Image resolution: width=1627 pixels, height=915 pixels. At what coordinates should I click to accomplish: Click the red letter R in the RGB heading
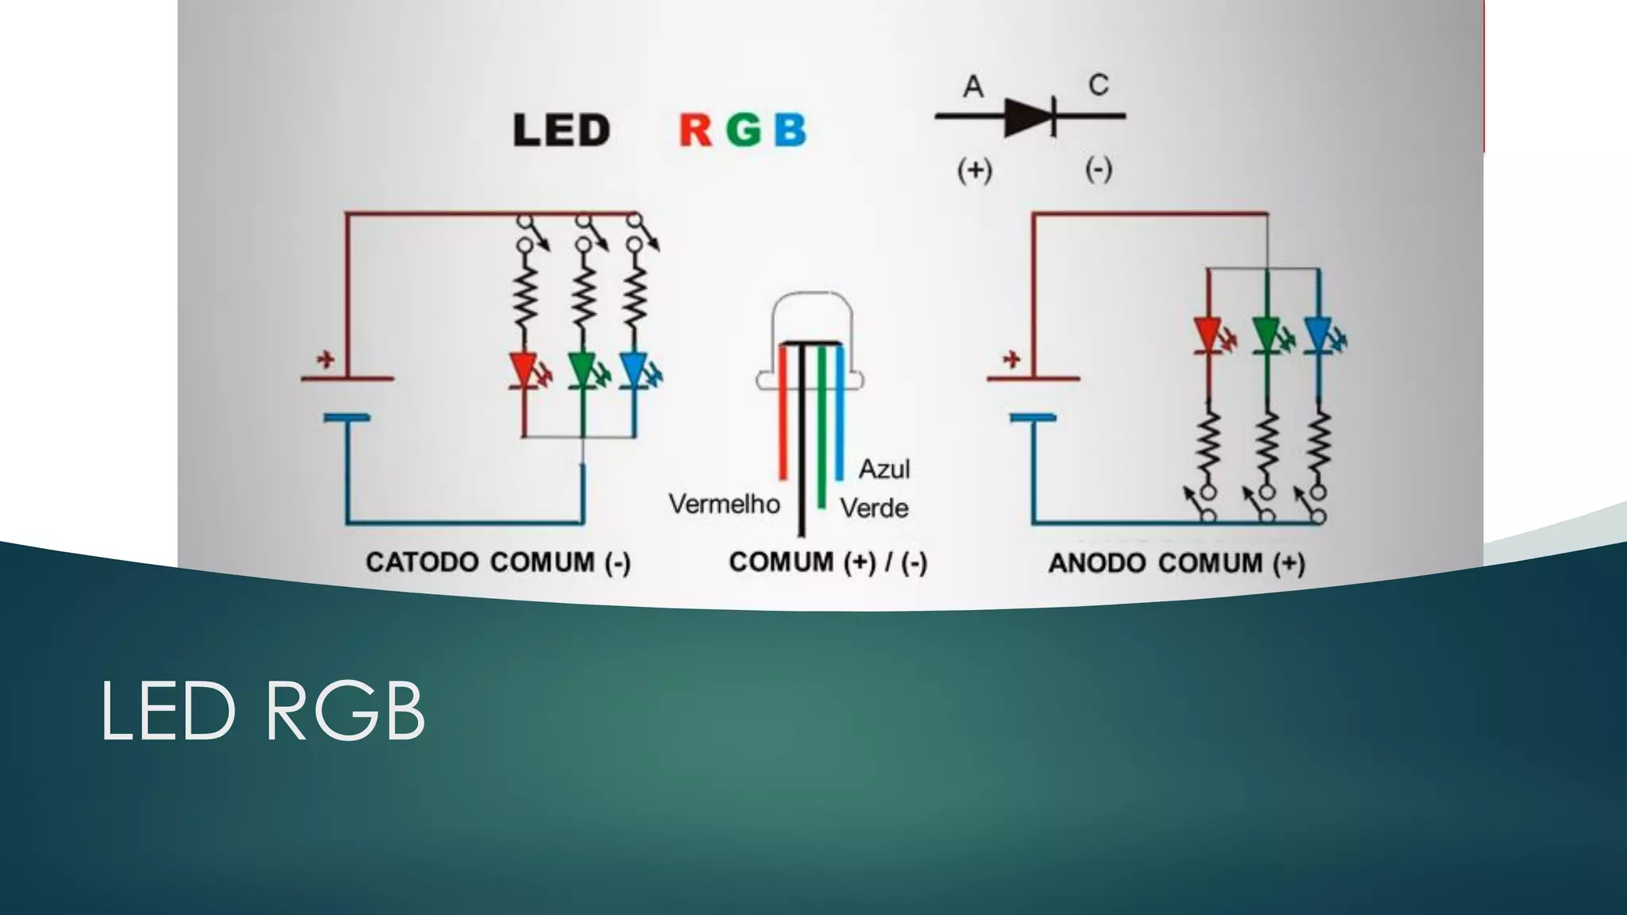695,131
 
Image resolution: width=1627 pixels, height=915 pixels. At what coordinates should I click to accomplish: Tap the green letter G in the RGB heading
744,131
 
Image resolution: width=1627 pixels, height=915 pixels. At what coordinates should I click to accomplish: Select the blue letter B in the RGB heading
790,131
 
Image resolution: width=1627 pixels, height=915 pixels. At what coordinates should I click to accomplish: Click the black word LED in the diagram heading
561,131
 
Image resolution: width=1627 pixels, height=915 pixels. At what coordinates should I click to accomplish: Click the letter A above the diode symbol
973,87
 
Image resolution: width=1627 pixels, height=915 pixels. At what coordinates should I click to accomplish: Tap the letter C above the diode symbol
1099,85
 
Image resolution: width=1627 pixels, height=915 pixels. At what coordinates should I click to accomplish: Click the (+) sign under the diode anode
974,170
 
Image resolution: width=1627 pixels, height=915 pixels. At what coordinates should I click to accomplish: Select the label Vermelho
724,504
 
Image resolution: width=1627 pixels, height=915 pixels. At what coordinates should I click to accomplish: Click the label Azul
883,469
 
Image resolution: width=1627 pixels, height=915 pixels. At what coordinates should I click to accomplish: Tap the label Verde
874,508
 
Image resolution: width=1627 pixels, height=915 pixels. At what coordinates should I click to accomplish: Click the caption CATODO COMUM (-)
498,563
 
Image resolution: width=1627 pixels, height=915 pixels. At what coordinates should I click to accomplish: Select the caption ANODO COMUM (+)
1177,564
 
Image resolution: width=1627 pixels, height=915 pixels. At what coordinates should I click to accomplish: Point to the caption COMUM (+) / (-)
828,563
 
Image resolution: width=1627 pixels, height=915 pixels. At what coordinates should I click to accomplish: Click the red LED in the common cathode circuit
524,370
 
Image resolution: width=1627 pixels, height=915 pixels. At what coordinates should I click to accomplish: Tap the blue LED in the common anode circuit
1318,334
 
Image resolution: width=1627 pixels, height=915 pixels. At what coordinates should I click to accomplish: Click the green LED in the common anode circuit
1266,334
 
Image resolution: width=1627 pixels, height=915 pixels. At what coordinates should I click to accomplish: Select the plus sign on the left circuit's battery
324,361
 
